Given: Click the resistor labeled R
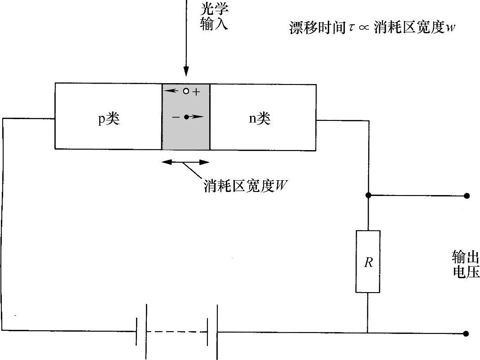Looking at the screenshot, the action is click(368, 262).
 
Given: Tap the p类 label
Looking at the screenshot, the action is click(109, 120).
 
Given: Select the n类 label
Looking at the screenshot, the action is click(260, 119).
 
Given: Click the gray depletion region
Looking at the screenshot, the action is click(185, 135).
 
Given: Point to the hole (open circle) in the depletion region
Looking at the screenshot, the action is click(186, 91).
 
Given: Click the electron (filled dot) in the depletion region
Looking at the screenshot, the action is click(186, 117).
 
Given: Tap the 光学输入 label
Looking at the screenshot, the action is click(214, 18).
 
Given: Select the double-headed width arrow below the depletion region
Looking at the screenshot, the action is click(185, 162).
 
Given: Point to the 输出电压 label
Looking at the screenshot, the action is click(465, 265).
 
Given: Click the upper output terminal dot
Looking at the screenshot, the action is click(467, 196).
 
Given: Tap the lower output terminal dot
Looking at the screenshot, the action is click(467, 333).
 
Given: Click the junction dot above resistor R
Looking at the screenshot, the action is click(368, 196).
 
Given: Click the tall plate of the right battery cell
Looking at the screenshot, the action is click(218, 332).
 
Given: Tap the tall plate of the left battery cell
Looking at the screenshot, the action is click(146, 332).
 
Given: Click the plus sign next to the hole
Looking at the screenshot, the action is click(196, 92).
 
